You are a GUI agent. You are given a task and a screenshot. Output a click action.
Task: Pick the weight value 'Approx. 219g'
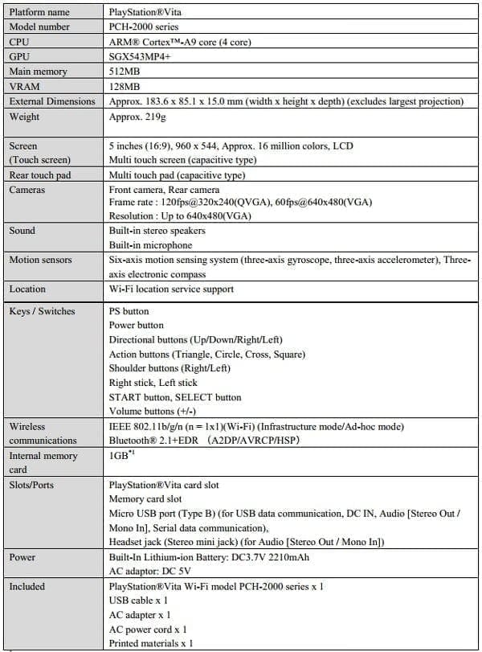pos(137,117)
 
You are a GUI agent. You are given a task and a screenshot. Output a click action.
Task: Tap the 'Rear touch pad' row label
pos(42,175)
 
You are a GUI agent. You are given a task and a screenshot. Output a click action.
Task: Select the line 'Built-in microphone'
pos(150,245)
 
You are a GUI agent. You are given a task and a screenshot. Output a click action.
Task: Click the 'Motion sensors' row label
pos(40,260)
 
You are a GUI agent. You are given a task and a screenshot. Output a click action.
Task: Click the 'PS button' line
pos(129,311)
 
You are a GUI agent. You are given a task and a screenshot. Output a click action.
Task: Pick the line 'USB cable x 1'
pos(138,601)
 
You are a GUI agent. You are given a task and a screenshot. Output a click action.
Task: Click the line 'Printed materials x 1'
pos(151,644)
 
